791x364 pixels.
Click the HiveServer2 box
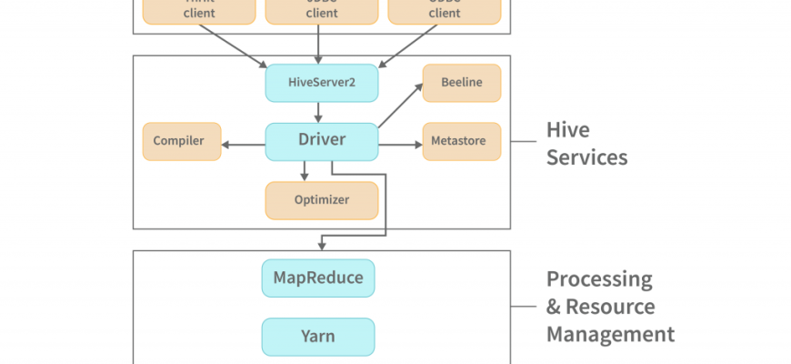[320, 83]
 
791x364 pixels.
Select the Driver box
[320, 141]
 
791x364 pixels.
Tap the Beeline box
[461, 83]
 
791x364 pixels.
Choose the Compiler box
[181, 141]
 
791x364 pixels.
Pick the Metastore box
[461, 141]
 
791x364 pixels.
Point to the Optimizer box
[320, 200]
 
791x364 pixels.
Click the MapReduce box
[318, 278]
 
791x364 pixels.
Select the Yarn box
[318, 336]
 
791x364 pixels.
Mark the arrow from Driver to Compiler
[243, 142]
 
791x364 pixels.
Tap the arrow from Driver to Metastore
[399, 142]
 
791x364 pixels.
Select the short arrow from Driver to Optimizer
[305, 170]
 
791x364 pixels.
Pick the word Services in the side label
[586, 157]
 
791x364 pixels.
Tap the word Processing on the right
[599, 278]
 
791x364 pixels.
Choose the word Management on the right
[610, 334]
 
